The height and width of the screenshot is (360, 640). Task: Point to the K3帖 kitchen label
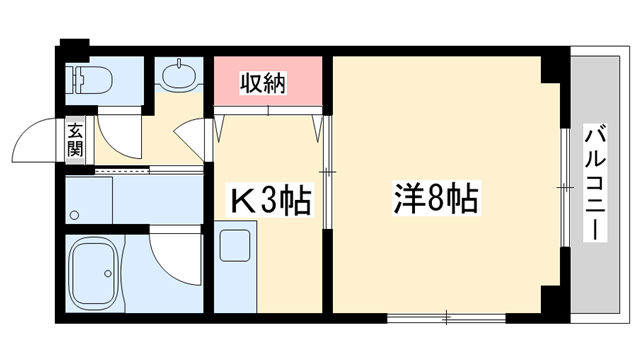tap(272, 200)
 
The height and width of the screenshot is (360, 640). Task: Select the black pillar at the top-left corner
tap(72, 46)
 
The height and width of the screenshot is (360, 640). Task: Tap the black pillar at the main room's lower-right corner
tap(551, 298)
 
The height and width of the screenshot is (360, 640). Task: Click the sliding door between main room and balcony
tap(563, 185)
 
